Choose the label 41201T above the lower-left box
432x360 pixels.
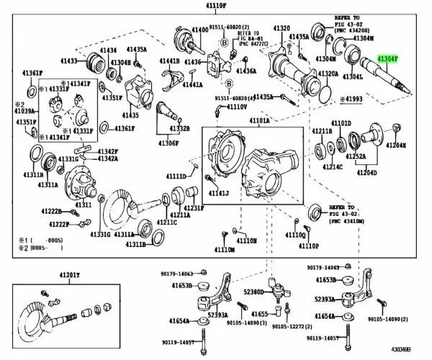[69, 275]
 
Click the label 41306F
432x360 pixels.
[167, 143]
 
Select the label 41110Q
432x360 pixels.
[296, 234]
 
